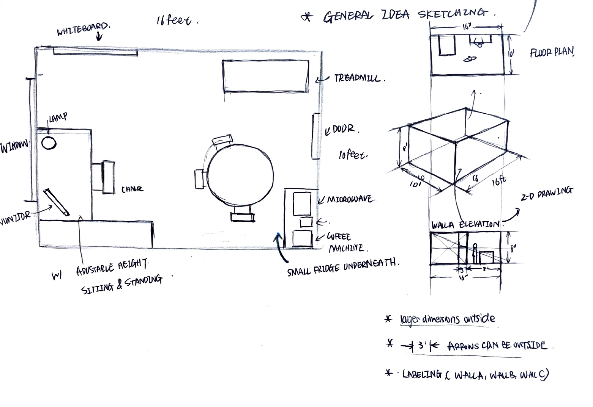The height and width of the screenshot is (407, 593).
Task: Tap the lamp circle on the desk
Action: coord(49,143)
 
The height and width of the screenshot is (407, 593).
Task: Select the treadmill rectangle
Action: coord(265,76)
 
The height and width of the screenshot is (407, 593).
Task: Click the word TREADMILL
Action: coord(359,78)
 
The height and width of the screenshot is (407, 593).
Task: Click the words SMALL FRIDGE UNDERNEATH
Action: coord(343,267)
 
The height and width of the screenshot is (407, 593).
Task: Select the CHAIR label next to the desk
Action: coord(132,189)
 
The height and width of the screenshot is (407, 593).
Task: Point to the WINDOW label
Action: coord(14,146)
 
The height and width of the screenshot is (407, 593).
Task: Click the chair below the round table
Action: coord(242,214)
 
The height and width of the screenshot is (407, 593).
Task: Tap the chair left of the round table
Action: coord(199,178)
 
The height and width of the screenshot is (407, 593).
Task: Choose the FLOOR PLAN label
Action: coord(552,52)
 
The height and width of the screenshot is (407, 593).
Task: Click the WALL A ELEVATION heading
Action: coord(465,225)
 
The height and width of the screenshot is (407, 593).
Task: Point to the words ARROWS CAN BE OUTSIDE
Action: coord(497,346)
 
